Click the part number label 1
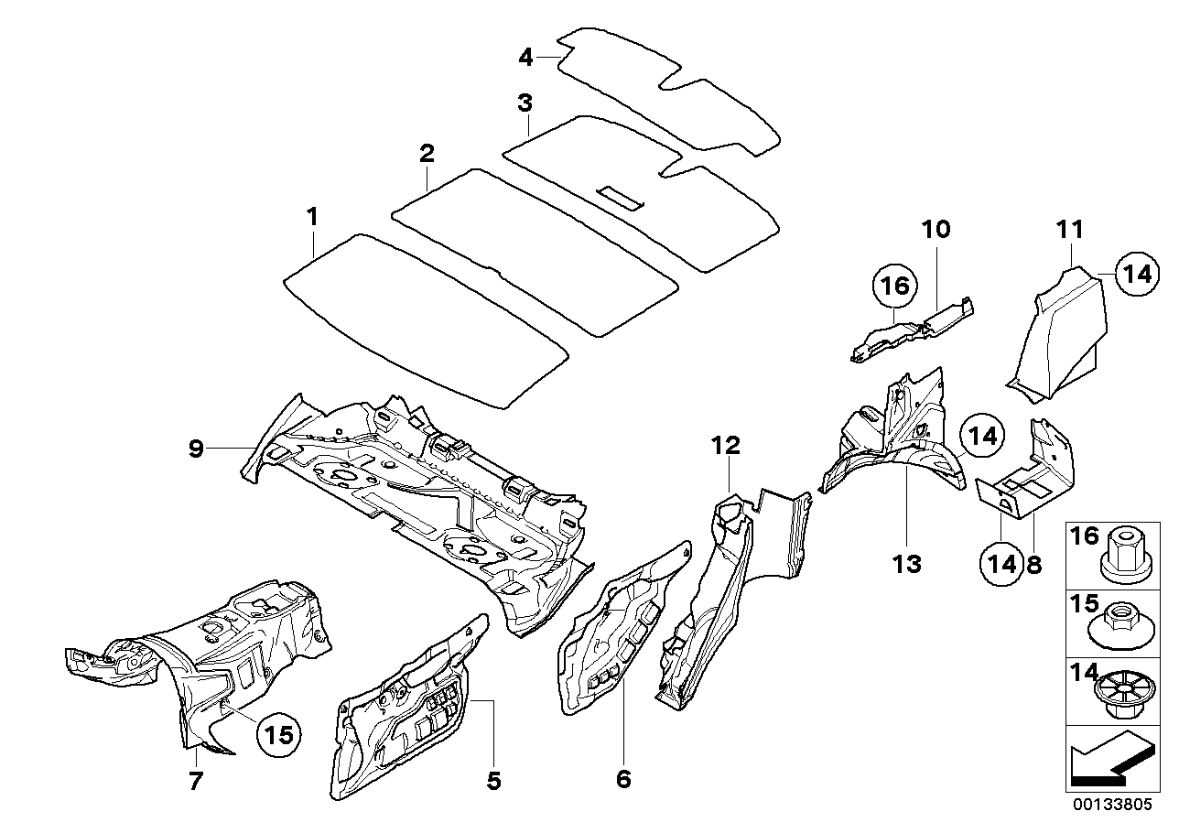312,217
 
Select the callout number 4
525,57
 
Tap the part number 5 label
493,780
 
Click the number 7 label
197,780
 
